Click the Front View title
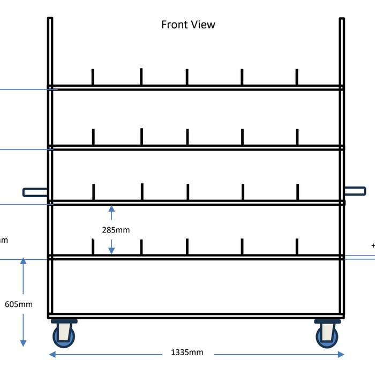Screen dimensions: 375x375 [x=188, y=25]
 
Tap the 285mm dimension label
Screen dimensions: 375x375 [x=116, y=230]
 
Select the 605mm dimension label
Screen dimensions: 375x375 [x=19, y=304]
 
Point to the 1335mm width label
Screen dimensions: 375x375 [x=187, y=352]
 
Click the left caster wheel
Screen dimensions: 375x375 [x=63, y=335]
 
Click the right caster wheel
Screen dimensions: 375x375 [x=327, y=335]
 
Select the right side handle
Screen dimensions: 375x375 [x=355, y=191]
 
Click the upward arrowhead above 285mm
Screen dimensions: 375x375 [x=111, y=209]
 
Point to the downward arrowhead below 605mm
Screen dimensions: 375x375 [x=23, y=342]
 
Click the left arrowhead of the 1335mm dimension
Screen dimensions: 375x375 [x=52, y=354]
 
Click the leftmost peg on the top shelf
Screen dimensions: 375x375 [x=93, y=77]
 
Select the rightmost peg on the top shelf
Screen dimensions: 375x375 [x=296, y=77]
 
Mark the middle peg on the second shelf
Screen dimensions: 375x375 [x=187, y=137]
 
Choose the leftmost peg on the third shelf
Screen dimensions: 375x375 [x=94, y=192]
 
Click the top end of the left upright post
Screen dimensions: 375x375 [x=50, y=19]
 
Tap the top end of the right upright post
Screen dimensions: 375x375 [x=342, y=19]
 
